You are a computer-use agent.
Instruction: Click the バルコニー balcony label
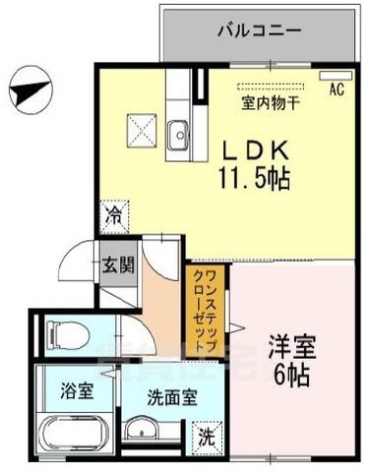258,31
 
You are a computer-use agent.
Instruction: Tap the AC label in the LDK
336,89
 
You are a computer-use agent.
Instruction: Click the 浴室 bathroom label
80,389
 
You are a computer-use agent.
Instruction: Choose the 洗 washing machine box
209,434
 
